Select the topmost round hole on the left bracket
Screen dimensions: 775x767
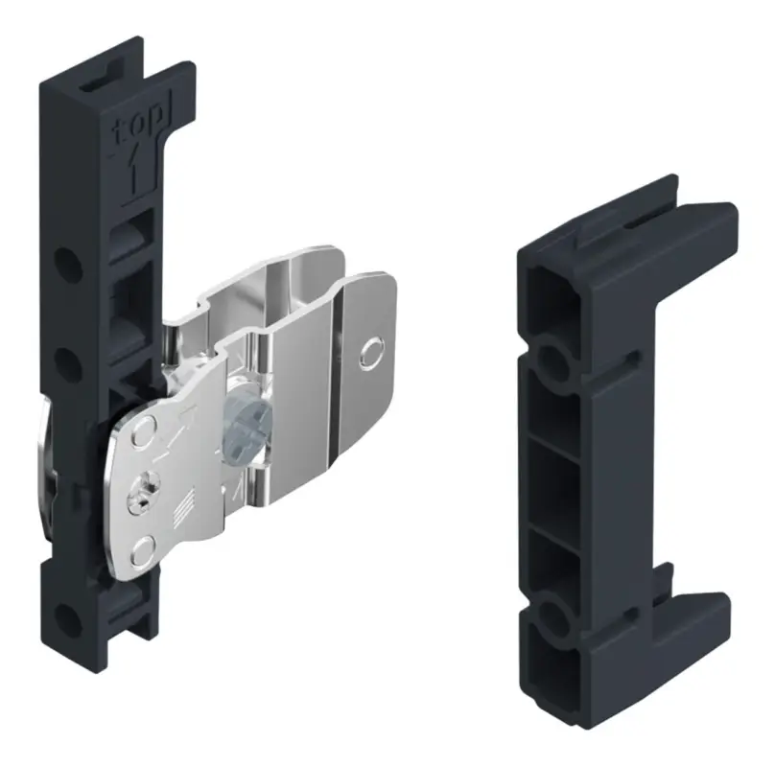tap(68, 266)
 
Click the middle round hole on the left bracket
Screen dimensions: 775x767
tap(68, 363)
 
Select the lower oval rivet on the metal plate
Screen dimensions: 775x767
tap(144, 551)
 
